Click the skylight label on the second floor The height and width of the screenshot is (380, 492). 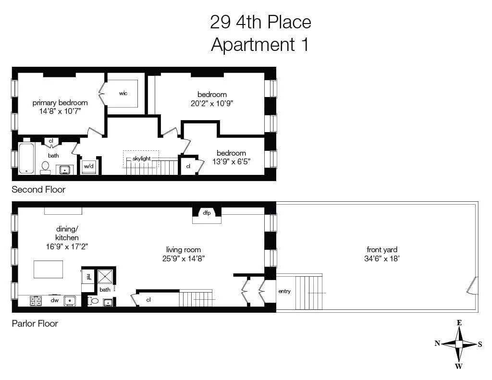pos(142,159)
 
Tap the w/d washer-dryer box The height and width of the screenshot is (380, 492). pos(89,166)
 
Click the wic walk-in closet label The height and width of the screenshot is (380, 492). pos(123,93)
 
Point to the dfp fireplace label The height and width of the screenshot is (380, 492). pos(207,213)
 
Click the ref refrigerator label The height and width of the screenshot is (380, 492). pos(88,276)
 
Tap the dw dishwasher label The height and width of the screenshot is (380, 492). pos(55,300)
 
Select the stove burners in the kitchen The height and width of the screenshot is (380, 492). pos(36,301)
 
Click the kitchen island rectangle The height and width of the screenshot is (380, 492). pos(49,269)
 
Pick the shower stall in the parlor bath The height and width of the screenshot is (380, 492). pos(105,276)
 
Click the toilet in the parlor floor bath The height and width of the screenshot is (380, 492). pos(93,301)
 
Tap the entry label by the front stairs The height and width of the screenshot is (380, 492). pos(284,291)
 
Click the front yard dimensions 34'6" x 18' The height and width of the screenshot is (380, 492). pos(382,258)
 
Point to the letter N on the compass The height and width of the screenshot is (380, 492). pos(437,343)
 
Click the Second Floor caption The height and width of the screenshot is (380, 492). pos(38,190)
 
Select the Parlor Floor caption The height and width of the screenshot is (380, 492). pos(35,323)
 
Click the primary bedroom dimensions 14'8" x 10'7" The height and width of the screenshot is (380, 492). pos(60,111)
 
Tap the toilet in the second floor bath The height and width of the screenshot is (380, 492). pos(45,168)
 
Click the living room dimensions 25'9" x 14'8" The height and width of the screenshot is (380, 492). pos(184,258)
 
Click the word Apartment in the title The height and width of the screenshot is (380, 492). pos(253,45)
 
